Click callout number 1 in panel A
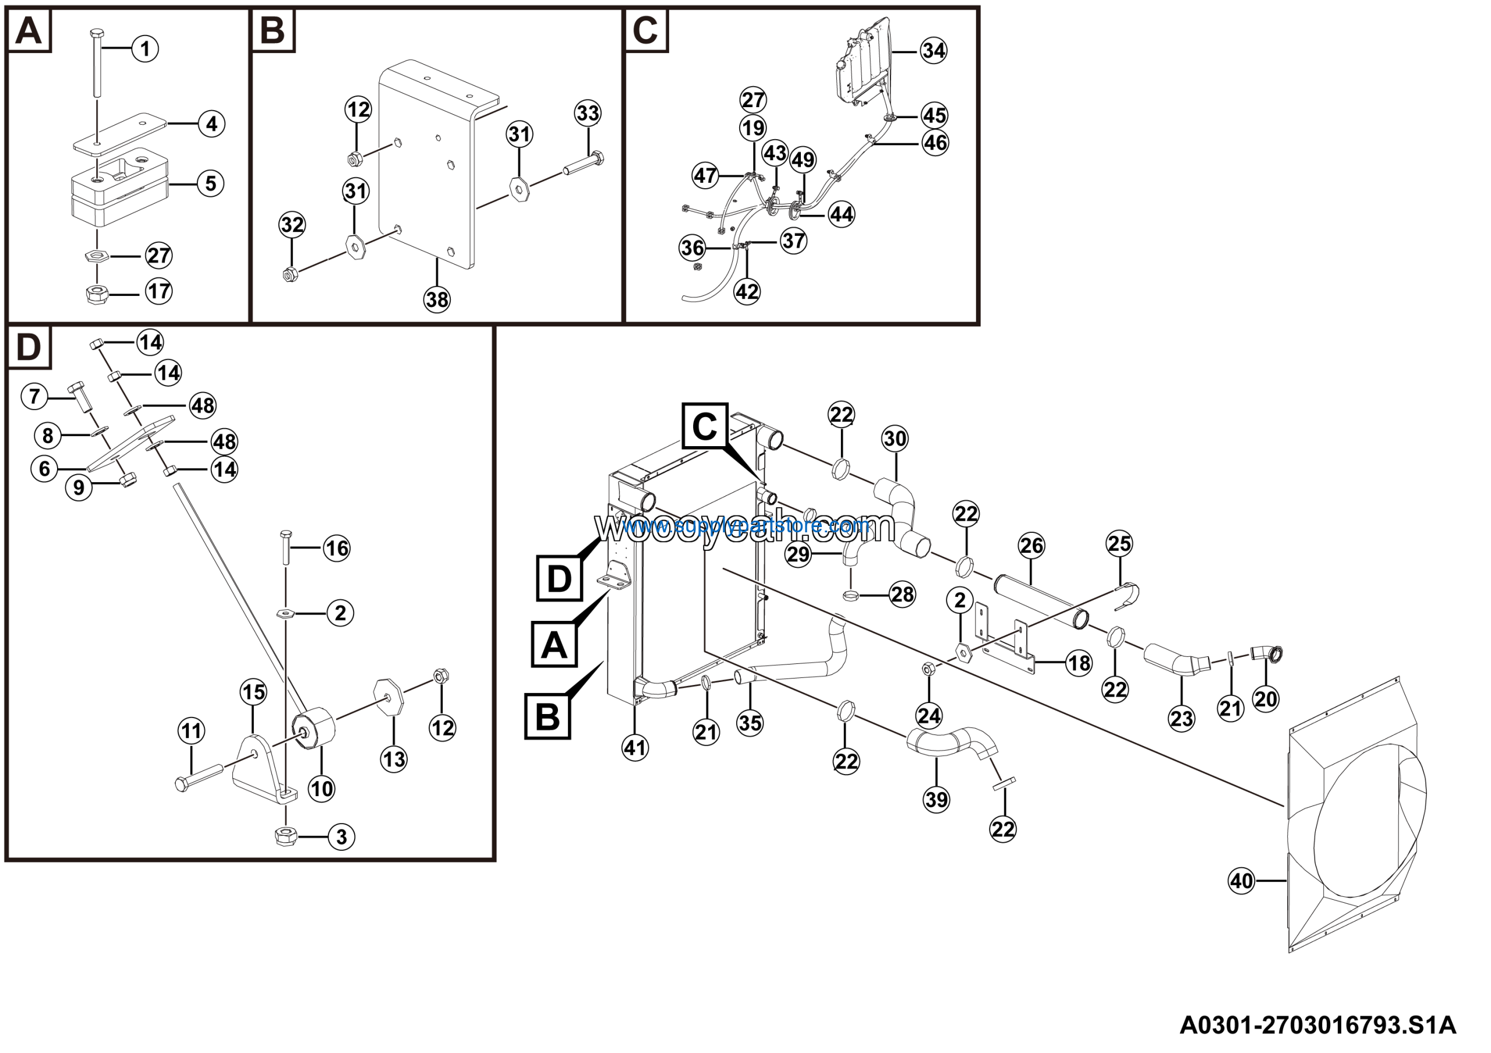(x=145, y=49)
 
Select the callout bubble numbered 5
(x=210, y=183)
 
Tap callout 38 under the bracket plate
(x=436, y=299)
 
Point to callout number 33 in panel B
(x=588, y=113)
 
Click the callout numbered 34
(x=933, y=50)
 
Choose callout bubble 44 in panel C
(x=842, y=214)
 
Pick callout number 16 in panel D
(x=337, y=549)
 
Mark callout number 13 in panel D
(x=394, y=759)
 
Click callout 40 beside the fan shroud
(x=1241, y=881)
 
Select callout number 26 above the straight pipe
(x=1031, y=545)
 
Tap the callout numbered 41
(x=635, y=748)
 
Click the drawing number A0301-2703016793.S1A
(x=1317, y=1026)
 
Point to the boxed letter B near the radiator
(x=547, y=717)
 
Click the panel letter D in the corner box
(x=28, y=347)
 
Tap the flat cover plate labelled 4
(x=120, y=133)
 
